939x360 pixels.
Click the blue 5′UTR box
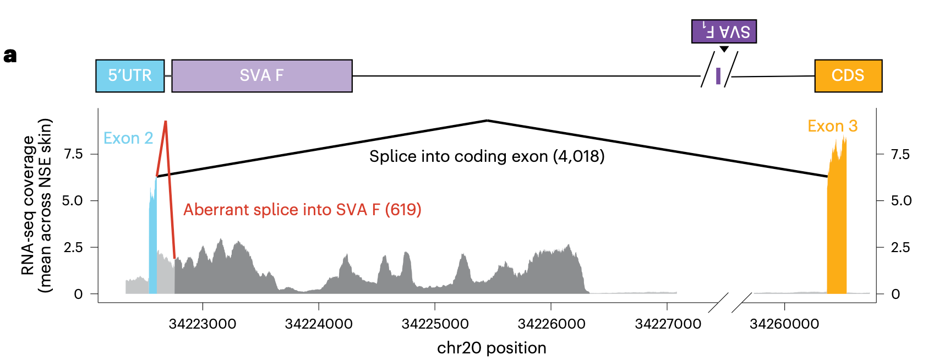click(x=130, y=75)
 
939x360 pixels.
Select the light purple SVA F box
click(x=261, y=75)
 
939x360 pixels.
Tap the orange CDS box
click(x=848, y=75)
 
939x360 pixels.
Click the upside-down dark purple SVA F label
click(x=724, y=31)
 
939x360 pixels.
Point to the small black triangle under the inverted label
click(x=724, y=49)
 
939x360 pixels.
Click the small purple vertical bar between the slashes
click(x=718, y=76)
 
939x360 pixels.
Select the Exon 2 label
click(x=128, y=138)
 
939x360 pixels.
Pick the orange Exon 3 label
click(x=832, y=126)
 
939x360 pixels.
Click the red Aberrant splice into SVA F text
click(x=302, y=210)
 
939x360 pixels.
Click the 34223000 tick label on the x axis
click(x=203, y=324)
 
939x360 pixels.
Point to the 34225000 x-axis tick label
click(x=435, y=324)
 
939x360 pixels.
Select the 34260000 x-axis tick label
click(x=784, y=324)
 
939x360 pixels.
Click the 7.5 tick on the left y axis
click(x=73, y=154)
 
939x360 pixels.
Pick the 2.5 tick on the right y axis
click(x=900, y=247)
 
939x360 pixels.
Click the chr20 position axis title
click(x=492, y=348)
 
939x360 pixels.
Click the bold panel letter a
click(x=10, y=56)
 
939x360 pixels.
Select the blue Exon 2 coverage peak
click(x=153, y=242)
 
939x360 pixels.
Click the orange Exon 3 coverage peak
click(x=837, y=220)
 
